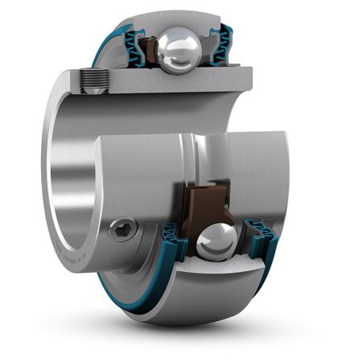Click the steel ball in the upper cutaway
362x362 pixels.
coord(178,50)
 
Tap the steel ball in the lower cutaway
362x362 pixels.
coord(216,240)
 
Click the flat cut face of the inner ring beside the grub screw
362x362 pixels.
coord(161,80)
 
